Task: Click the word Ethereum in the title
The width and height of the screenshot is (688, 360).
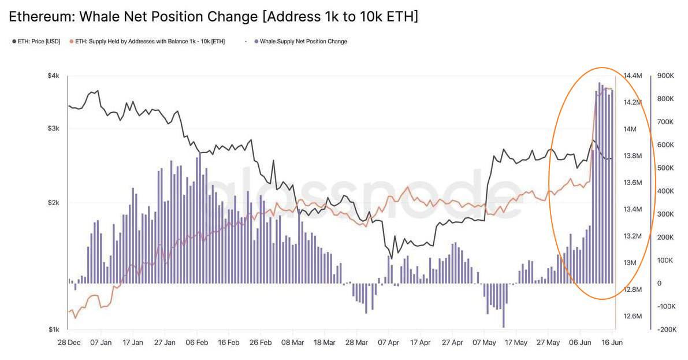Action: click(42, 17)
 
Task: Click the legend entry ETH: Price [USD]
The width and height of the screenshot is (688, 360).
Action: click(36, 41)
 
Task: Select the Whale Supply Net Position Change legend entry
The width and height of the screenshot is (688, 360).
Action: click(300, 41)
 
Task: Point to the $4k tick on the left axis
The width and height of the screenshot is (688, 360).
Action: click(53, 76)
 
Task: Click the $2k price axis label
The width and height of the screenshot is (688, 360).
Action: click(53, 203)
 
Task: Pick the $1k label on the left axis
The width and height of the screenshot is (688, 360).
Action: click(53, 329)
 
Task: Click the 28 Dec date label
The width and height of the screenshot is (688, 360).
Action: click(69, 343)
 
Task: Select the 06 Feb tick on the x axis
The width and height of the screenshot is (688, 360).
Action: click(196, 343)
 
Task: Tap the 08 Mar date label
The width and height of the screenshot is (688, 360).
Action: click(292, 343)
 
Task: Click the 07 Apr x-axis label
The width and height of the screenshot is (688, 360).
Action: click(388, 343)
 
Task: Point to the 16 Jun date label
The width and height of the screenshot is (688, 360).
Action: click(612, 343)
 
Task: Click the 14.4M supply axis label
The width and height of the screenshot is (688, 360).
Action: click(633, 76)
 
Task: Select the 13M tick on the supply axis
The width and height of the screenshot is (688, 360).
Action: click(630, 262)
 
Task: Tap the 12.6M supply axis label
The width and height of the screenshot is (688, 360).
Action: click(633, 316)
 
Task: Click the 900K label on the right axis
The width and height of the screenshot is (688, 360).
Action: click(665, 76)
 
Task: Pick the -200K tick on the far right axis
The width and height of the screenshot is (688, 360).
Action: click(667, 329)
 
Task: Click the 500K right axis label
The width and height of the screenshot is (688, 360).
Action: click(665, 168)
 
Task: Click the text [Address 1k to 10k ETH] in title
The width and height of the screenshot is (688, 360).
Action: click(340, 17)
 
